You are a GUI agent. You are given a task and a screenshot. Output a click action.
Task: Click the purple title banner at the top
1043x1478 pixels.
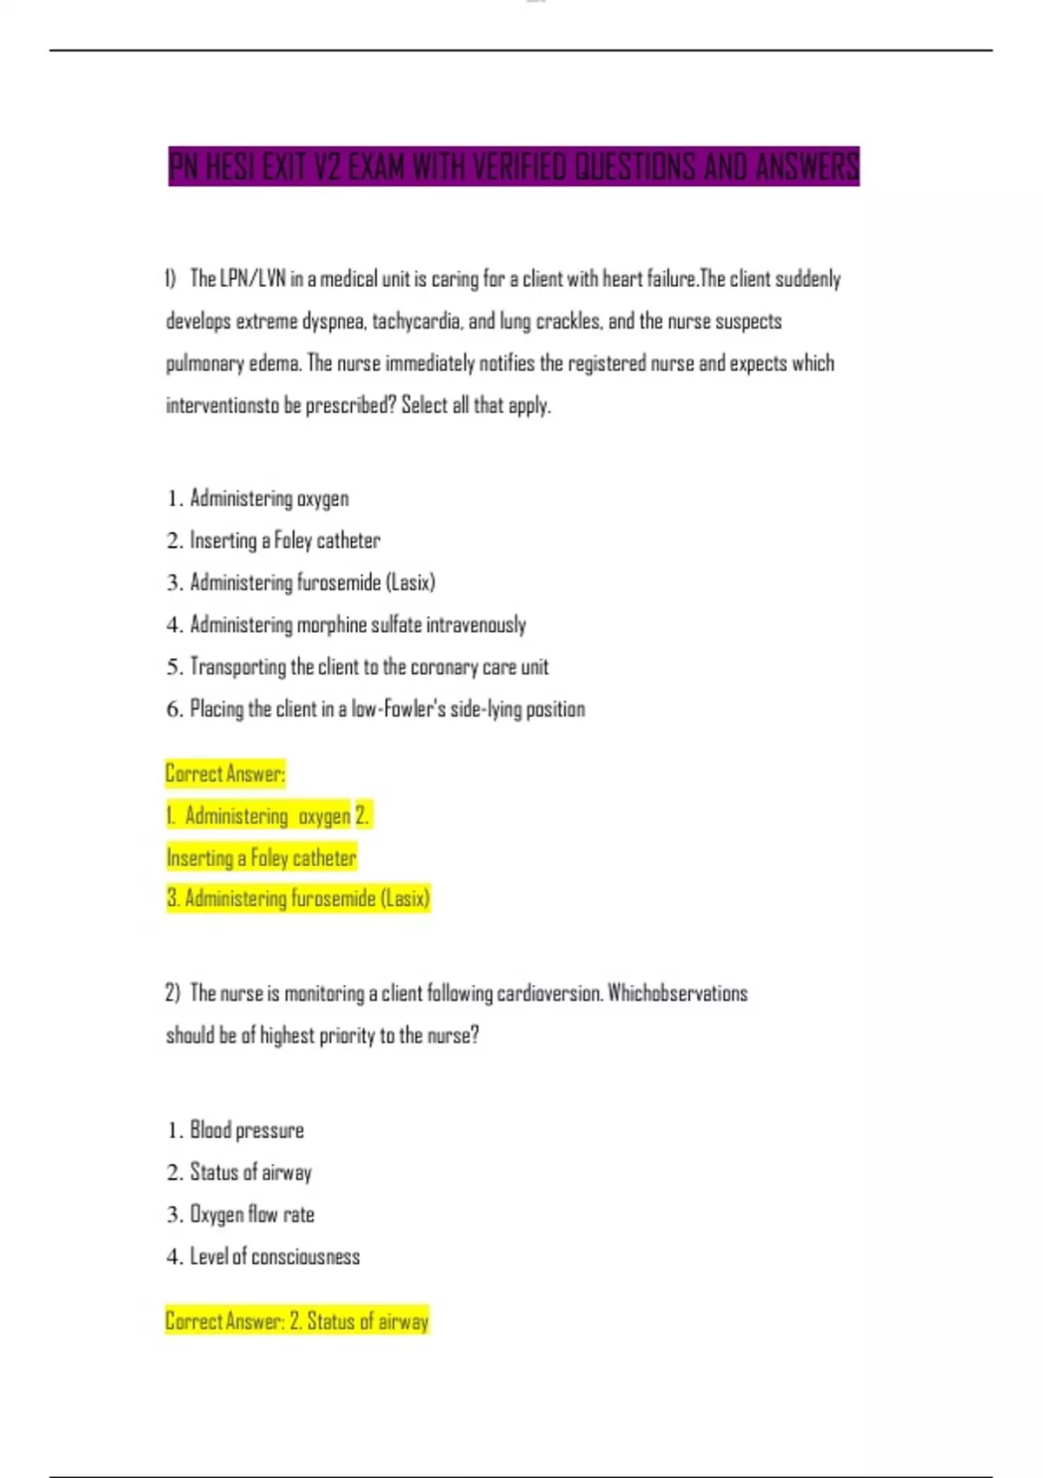pos(513,166)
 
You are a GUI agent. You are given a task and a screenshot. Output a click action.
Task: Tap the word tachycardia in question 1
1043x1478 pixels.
pos(416,322)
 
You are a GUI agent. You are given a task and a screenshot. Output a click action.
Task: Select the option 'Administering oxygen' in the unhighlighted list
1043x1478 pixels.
pos(269,499)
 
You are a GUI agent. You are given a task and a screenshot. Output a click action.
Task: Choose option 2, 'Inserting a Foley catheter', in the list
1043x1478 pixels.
pos(284,541)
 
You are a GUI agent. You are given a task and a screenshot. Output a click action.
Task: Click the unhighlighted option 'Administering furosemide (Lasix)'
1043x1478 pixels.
pos(312,583)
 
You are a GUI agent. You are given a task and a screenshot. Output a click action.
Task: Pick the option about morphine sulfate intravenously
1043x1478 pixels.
pos(357,625)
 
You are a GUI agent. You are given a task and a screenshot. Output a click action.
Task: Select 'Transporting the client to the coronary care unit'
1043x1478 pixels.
pos(369,667)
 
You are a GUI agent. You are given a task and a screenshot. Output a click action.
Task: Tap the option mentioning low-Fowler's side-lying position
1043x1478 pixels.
pos(387,709)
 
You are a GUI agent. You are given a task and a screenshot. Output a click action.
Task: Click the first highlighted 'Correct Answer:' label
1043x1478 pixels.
pos(225,773)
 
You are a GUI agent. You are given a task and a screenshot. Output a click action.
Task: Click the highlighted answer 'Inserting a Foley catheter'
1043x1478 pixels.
pos(261,858)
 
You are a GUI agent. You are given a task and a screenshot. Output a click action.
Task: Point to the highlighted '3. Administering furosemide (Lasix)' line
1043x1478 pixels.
pos(298,898)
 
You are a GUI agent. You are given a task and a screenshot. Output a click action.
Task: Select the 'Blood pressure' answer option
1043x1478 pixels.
pos(247,1130)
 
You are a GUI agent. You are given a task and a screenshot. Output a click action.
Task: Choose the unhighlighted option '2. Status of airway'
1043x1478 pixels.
pos(250,1173)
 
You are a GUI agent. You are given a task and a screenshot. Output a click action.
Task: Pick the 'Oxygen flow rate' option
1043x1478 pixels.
pos(252,1215)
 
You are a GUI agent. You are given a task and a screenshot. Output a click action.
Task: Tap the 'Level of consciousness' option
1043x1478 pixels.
pos(275,1257)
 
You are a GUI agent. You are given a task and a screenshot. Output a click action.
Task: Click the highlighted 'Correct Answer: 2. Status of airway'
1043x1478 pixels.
pos(296,1322)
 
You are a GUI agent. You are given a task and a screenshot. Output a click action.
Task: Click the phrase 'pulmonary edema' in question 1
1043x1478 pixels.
pos(234,363)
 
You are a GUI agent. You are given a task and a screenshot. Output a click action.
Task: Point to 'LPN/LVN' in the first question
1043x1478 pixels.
pos(252,279)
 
